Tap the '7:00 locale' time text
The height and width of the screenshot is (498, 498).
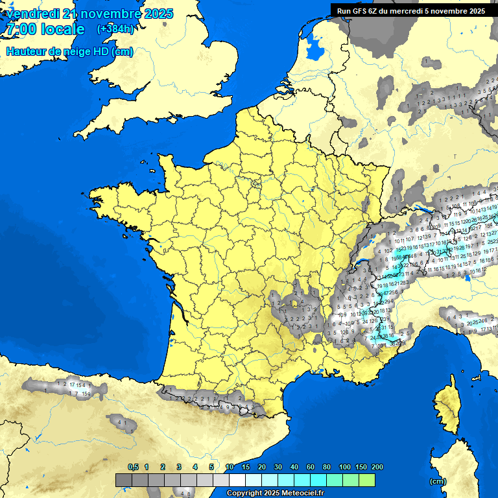tap(45, 30)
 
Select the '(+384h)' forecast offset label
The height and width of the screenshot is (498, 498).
tap(115, 29)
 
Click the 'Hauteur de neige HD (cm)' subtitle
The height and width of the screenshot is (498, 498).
tap(69, 52)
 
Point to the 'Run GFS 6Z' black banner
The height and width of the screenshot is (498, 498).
tap(411, 10)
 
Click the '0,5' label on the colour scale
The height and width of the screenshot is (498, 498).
tap(133, 467)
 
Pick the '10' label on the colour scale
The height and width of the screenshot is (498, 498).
tap(230, 467)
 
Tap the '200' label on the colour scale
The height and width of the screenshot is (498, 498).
tap(377, 467)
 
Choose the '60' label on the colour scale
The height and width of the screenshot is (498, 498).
tap(310, 467)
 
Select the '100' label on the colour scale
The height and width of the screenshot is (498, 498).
tap(344, 467)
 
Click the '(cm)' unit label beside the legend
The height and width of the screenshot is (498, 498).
tap(438, 481)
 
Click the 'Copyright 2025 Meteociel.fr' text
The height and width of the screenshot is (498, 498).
tap(275, 493)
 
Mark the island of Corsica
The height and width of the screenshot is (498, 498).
tap(445, 401)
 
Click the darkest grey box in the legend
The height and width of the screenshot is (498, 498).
tap(124, 480)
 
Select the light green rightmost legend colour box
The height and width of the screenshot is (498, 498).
tap(367, 480)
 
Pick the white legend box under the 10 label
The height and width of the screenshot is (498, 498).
tap(237, 480)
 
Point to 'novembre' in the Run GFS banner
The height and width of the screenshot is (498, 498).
tap(447, 10)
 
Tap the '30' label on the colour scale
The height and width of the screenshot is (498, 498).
tap(278, 467)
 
